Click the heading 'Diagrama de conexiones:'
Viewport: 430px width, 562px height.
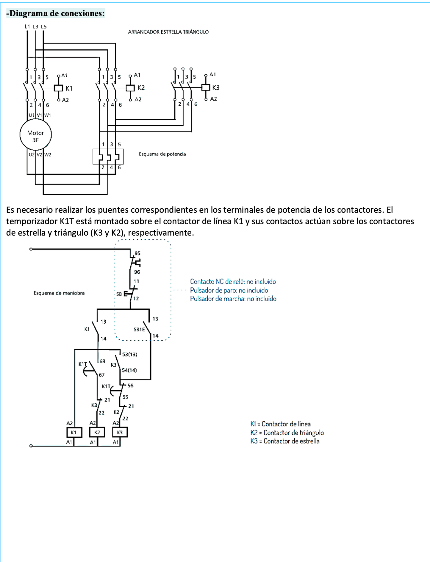point(56,13)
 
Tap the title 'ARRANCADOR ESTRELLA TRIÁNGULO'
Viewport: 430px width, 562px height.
point(168,32)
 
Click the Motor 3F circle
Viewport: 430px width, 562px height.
point(36,135)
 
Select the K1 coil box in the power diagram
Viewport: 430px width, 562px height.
point(58,88)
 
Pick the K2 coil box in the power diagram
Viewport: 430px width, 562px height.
point(130,88)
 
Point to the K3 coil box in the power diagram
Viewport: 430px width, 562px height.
point(206,87)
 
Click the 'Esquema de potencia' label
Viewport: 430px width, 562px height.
point(162,154)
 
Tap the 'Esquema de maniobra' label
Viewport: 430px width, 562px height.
point(59,293)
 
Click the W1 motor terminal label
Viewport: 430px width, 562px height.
point(48,115)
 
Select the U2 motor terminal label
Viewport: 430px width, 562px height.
point(32,154)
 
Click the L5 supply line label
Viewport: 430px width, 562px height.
point(44,26)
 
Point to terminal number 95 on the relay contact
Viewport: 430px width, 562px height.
point(137,253)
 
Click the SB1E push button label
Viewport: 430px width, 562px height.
point(139,329)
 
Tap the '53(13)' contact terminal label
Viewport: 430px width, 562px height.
point(129,354)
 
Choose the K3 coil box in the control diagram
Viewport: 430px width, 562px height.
point(120,432)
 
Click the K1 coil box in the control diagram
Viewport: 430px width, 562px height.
point(74,432)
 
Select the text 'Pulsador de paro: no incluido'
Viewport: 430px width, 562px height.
point(229,290)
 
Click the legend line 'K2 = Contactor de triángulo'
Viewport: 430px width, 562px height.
point(287,433)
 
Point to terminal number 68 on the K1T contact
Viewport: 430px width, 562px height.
point(102,361)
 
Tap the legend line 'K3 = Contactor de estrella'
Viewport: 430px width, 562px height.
point(285,441)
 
